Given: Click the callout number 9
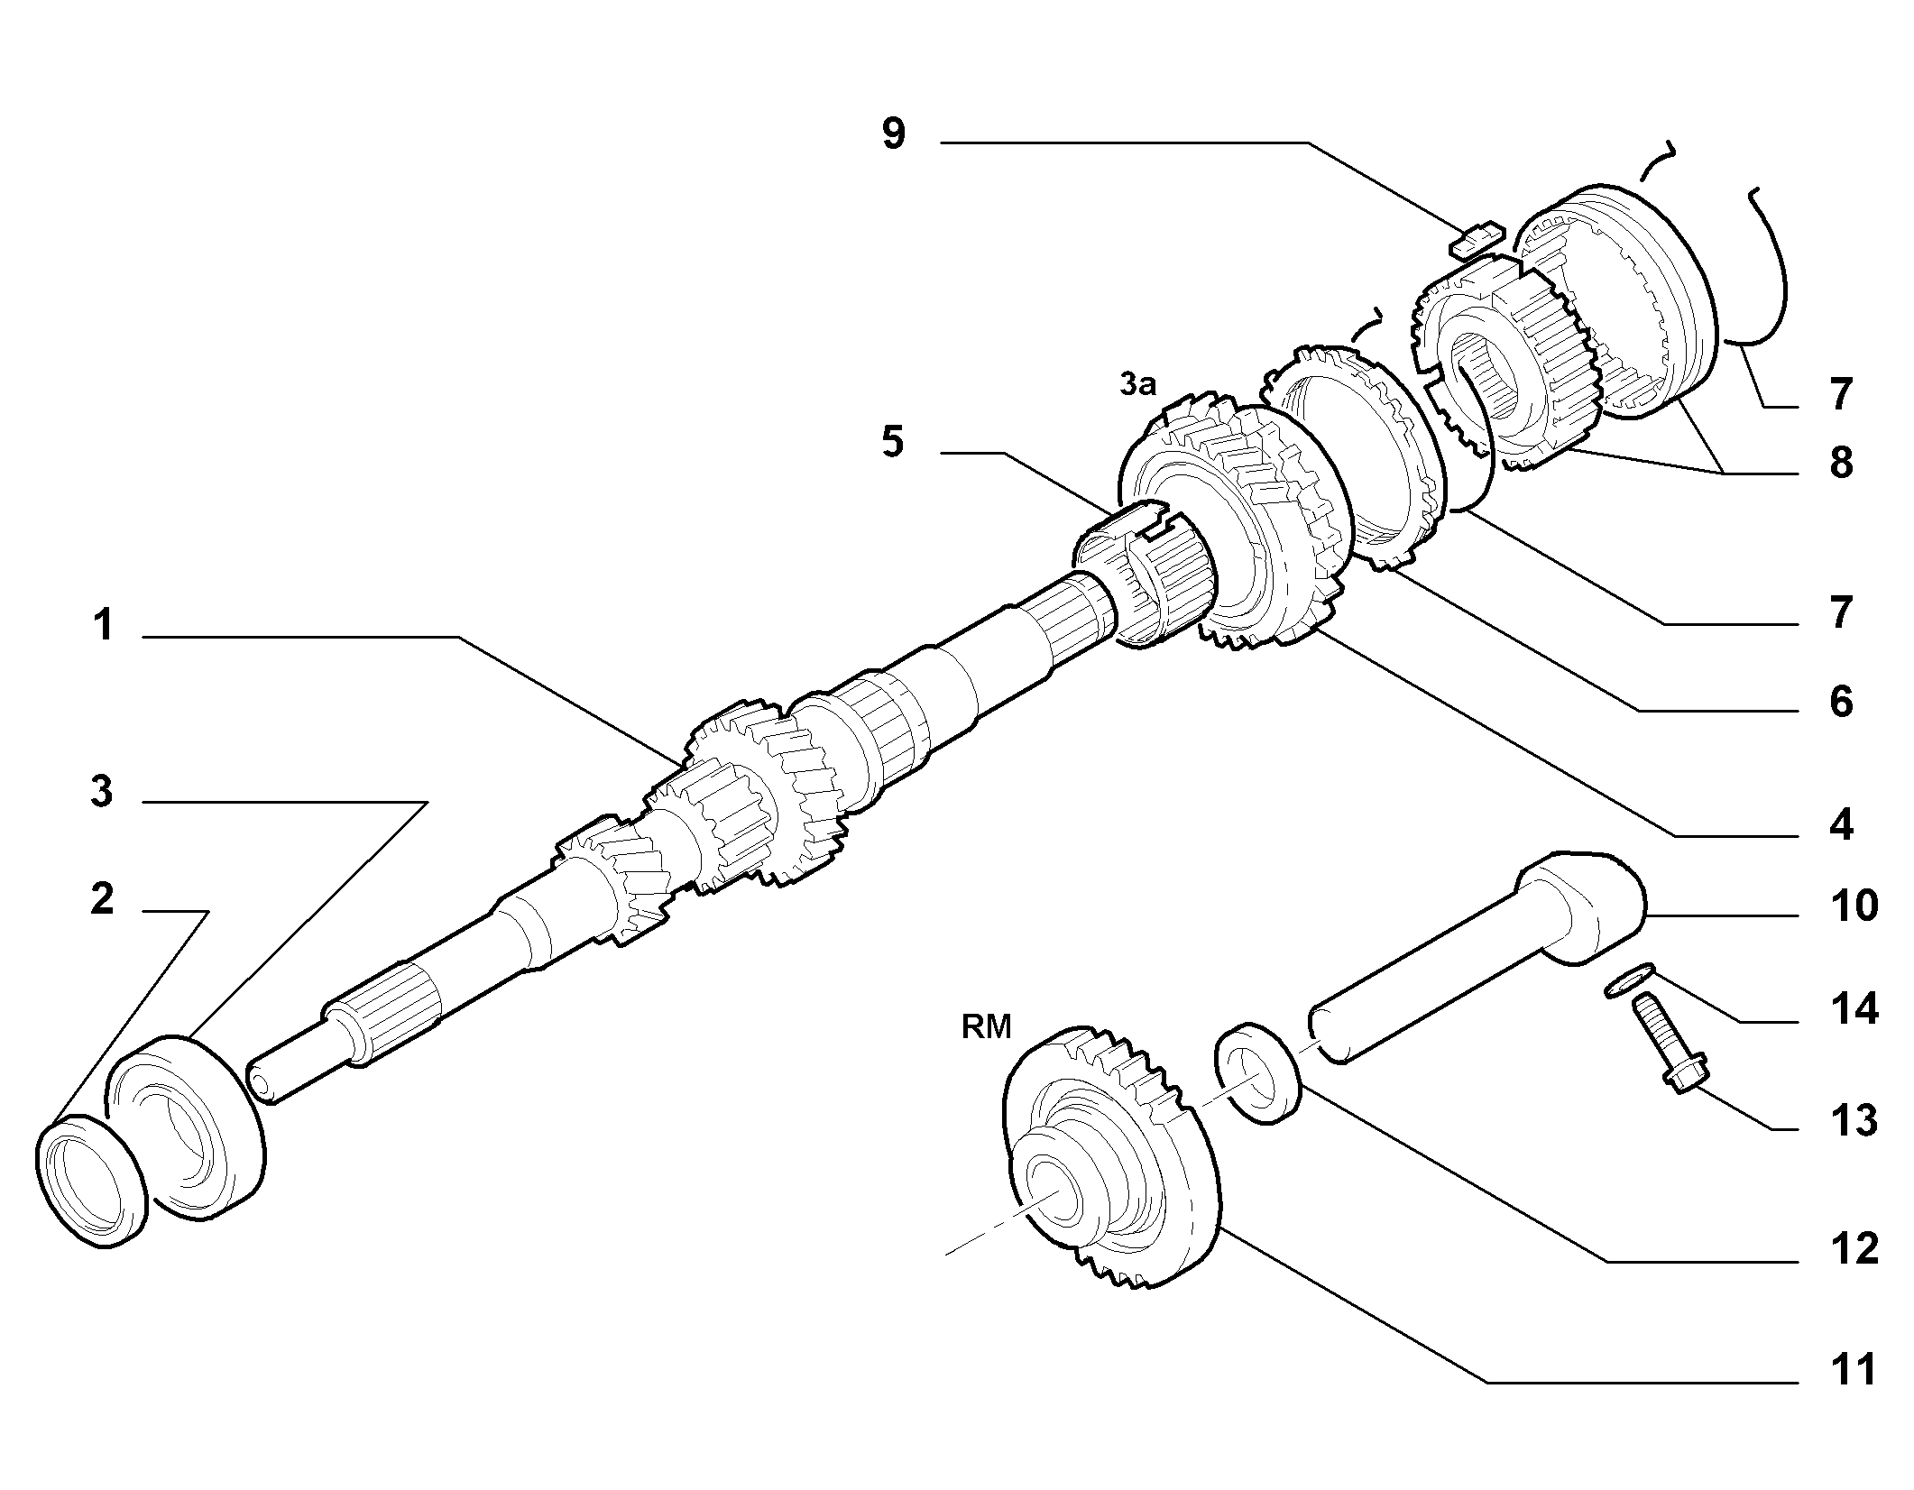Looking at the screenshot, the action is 893,134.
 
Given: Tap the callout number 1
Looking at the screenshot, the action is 104,625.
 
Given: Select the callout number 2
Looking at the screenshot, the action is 102,899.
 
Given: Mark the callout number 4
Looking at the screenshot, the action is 1839,825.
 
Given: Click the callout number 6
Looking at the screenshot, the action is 1839,701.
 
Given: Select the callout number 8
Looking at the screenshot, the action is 1839,463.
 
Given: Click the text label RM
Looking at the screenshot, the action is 986,1027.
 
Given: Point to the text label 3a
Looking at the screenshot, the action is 1136,385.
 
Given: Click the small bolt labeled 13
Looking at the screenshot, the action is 1667,1043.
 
